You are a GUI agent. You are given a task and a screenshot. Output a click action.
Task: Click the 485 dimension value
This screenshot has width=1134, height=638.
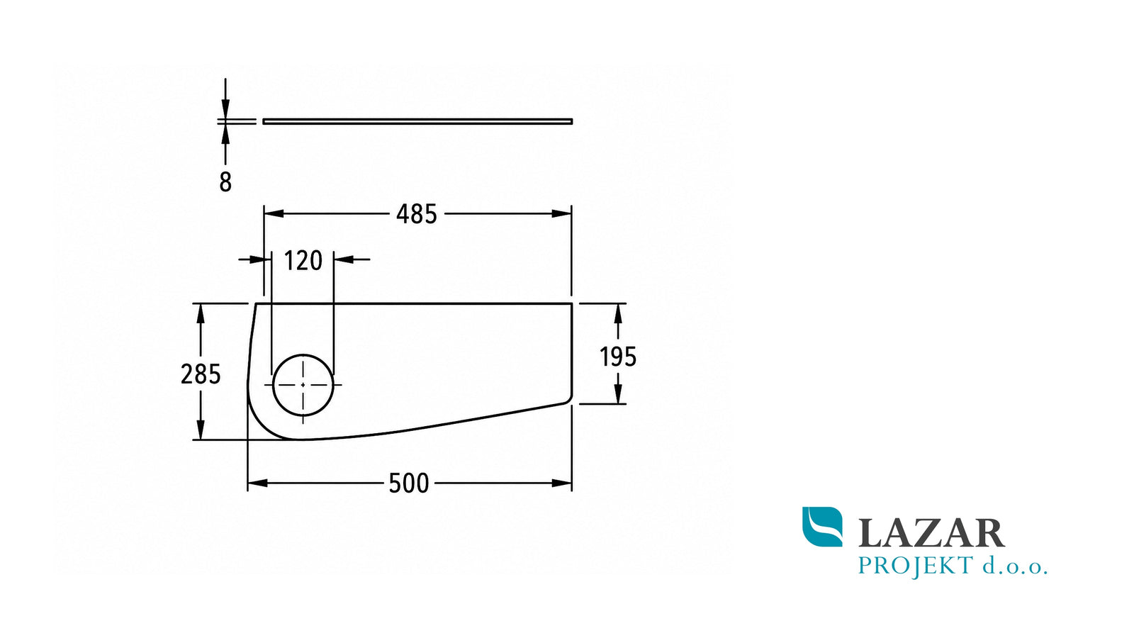click(416, 214)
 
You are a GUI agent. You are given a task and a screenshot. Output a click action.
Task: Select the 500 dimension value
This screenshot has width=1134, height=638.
click(408, 483)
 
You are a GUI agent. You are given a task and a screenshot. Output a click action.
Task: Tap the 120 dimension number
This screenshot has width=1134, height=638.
click(303, 262)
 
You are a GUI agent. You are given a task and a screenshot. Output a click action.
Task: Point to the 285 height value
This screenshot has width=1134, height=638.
click(201, 375)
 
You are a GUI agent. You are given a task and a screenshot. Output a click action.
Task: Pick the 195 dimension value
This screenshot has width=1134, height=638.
click(617, 357)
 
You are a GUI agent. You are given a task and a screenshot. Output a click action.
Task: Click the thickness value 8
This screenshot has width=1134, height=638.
click(225, 182)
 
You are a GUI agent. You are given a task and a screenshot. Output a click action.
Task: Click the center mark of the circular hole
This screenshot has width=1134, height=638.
click(303, 385)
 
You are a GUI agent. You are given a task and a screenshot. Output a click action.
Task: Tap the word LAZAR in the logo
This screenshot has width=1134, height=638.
click(931, 533)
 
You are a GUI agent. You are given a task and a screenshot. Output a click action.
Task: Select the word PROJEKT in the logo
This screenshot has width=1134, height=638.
click(916, 566)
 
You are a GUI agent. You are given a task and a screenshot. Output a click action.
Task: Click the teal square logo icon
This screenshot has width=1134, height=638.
click(823, 527)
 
